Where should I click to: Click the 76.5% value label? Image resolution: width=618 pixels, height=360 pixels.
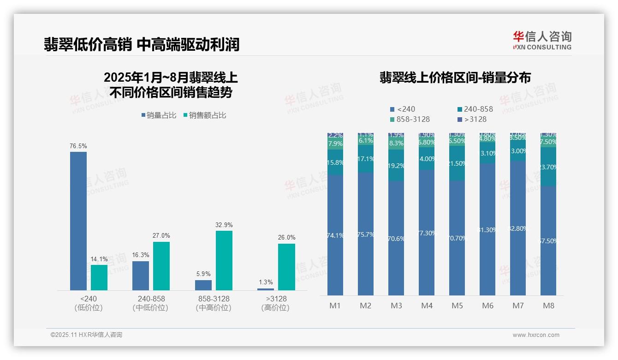78,146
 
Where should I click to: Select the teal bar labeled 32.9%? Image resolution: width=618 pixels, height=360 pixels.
224,260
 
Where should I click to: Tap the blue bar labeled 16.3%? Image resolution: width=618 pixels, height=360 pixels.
141,276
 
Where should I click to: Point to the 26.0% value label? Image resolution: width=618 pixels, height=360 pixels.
287,237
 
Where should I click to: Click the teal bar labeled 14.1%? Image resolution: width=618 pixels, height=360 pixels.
99,277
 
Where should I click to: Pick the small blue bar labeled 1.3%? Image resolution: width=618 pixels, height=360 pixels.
266,289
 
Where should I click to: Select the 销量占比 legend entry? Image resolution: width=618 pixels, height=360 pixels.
159,115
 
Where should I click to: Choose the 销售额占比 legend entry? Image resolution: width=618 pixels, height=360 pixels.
205,115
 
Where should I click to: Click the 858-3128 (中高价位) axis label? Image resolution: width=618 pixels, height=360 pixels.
214,303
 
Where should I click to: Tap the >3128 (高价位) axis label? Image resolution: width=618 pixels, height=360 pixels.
275,303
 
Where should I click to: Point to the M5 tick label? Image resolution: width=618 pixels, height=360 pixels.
457,306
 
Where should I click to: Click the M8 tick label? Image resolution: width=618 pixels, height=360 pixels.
548,306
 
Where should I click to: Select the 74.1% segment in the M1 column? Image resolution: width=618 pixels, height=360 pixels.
335,235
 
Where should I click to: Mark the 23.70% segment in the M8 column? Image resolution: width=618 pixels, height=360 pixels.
548,167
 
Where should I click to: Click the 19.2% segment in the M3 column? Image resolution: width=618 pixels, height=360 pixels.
396,165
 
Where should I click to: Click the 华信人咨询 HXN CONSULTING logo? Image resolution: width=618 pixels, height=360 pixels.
542,40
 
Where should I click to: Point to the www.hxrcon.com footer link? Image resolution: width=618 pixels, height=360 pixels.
536,335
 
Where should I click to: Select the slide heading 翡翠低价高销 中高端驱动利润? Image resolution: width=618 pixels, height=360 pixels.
142,45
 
